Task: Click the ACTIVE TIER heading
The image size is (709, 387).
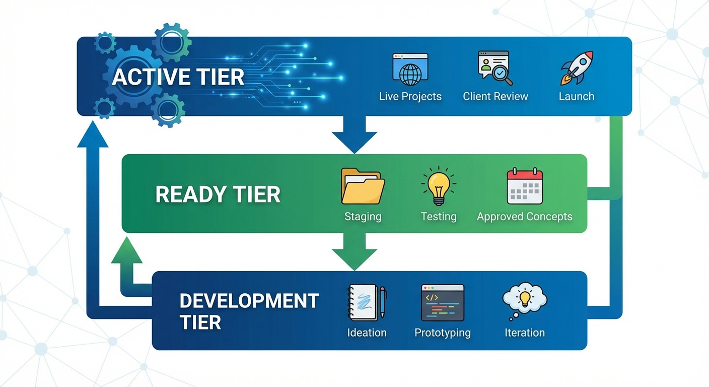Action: pyautogui.click(x=178, y=77)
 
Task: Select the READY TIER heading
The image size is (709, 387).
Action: pyautogui.click(x=218, y=195)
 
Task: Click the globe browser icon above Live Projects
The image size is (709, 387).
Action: pyautogui.click(x=410, y=70)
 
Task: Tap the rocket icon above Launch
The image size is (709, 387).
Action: pyautogui.click(x=577, y=68)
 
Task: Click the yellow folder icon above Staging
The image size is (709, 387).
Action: pyautogui.click(x=363, y=186)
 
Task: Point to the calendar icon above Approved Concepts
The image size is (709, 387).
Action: pyautogui.click(x=525, y=186)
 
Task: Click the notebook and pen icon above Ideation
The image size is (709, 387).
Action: pyautogui.click(x=367, y=303)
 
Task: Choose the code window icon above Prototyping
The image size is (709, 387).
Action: pyautogui.click(x=443, y=303)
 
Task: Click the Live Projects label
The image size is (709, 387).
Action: pyautogui.click(x=410, y=96)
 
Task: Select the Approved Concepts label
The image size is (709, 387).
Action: pyautogui.click(x=524, y=217)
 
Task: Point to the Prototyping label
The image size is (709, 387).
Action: pyautogui.click(x=443, y=333)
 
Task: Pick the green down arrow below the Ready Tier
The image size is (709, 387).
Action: pyautogui.click(x=354, y=252)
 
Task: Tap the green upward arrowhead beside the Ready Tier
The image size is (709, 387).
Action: pyautogui.click(x=126, y=251)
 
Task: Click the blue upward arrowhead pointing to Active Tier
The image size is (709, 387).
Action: pyautogui.click(x=93, y=135)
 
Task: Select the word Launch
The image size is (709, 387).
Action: pyautogui.click(x=577, y=96)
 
